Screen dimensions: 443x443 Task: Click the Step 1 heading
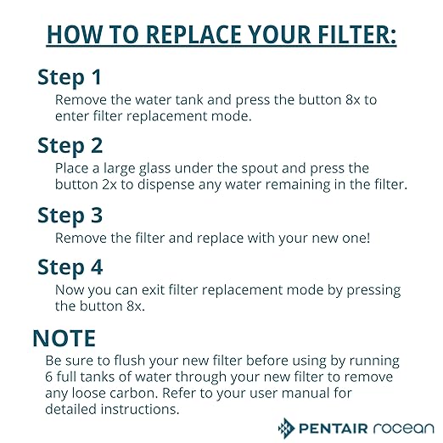click(x=70, y=77)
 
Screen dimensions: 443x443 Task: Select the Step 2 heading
click(x=70, y=146)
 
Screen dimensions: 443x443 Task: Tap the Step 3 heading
click(x=70, y=216)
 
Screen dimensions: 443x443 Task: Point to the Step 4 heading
click(x=70, y=267)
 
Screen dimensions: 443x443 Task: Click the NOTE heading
click(x=64, y=338)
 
